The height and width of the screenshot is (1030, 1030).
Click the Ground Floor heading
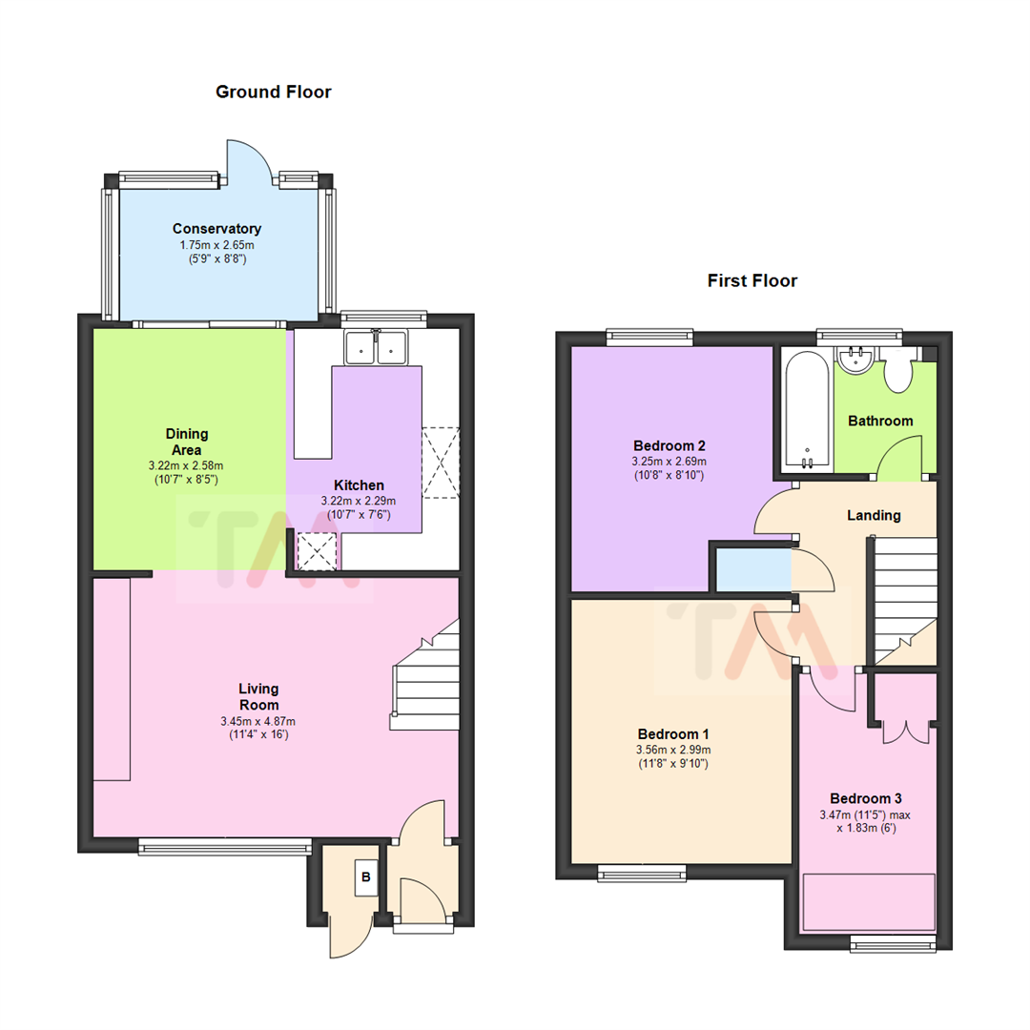(274, 92)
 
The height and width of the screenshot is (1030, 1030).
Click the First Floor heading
(752, 280)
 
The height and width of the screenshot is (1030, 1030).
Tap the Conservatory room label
(216, 229)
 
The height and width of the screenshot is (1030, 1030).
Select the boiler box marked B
(366, 877)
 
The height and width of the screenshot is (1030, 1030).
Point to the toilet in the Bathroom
(897, 370)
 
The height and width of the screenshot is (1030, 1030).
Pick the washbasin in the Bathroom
(855, 360)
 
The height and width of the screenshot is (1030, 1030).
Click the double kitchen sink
(376, 347)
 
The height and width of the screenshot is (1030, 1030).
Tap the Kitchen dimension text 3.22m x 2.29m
(358, 501)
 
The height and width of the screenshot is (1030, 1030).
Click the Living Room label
(258, 696)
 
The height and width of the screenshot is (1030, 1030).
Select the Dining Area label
(187, 442)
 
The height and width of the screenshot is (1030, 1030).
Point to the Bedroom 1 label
(673, 733)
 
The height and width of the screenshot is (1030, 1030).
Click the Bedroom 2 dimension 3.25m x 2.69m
(669, 462)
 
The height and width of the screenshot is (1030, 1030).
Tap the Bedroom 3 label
(866, 798)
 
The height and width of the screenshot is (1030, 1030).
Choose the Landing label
(874, 515)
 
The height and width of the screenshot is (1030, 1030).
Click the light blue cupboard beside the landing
(753, 569)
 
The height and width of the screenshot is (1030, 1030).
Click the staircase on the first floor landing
(904, 600)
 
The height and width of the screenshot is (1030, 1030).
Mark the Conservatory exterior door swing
(248, 161)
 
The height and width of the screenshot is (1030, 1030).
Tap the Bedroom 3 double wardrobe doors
(906, 731)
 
